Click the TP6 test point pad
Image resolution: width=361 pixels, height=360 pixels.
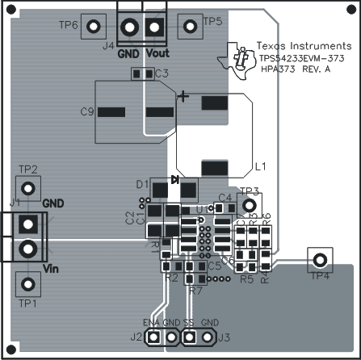(x=93, y=25)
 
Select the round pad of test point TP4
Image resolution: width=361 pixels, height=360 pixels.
(x=321, y=259)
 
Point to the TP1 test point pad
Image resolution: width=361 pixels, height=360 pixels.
(x=28, y=283)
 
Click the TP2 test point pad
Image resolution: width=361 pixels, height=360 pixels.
(x=28, y=188)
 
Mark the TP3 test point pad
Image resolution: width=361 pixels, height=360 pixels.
(x=248, y=206)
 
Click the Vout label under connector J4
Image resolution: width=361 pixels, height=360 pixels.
(x=157, y=54)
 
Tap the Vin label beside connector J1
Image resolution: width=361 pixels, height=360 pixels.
(x=52, y=269)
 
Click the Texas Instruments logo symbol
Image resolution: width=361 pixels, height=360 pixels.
(x=241, y=58)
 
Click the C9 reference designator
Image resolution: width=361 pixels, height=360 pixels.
(x=88, y=112)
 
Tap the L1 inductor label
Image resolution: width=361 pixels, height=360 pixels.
(x=261, y=168)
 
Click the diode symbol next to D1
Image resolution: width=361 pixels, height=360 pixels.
(x=174, y=181)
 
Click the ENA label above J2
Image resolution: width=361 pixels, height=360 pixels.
(x=152, y=322)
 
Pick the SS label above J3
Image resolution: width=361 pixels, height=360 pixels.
(x=187, y=322)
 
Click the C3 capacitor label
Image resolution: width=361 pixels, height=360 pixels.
(x=162, y=74)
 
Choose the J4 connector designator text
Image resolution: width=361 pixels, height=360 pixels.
(x=108, y=46)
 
